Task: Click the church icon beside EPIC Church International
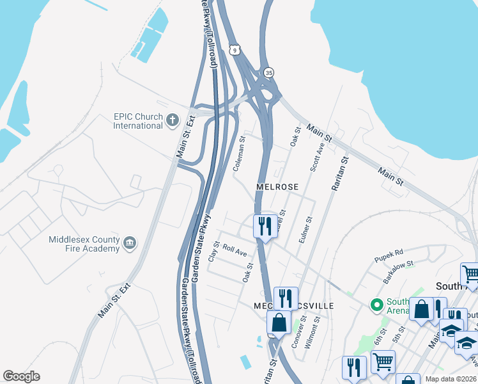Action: [172, 120]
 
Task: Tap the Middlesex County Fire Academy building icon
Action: [130, 243]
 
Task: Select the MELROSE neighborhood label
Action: [277, 187]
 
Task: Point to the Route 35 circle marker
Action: [269, 72]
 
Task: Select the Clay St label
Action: [214, 251]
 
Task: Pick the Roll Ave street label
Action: [235, 253]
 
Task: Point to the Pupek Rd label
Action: [389, 253]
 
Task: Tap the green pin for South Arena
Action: [376, 303]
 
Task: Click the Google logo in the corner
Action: [21, 376]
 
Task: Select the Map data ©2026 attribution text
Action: [451, 379]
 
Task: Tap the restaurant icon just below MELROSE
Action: [265, 226]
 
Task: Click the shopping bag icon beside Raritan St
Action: [279, 323]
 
